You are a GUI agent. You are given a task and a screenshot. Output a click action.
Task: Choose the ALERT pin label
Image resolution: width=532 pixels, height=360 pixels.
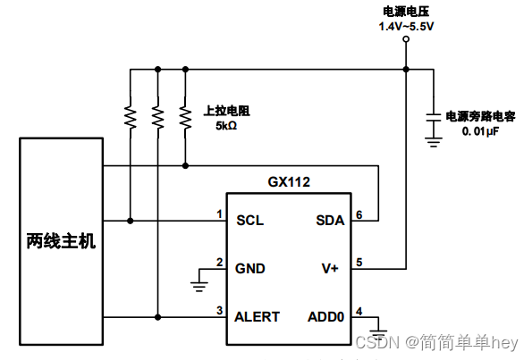pyautogui.click(x=258, y=316)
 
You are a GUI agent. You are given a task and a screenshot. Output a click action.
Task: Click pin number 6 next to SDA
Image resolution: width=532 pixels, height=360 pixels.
pyautogui.click(x=359, y=214)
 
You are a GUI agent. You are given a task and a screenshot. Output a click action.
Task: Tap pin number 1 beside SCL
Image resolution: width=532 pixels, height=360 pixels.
pyautogui.click(x=218, y=214)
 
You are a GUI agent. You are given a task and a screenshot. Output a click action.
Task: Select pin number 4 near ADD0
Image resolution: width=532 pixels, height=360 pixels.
pyautogui.click(x=359, y=311)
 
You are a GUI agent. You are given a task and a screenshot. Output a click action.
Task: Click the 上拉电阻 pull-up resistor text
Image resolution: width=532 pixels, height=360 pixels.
pyautogui.click(x=226, y=112)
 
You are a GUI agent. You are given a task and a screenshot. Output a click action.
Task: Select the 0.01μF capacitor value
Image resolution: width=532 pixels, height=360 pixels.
pyautogui.click(x=479, y=131)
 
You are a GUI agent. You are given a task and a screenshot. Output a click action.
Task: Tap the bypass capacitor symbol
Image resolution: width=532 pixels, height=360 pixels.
pyautogui.click(x=433, y=116)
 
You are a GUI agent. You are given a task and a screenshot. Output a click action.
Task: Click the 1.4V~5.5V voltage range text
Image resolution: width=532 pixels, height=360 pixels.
pyautogui.click(x=408, y=28)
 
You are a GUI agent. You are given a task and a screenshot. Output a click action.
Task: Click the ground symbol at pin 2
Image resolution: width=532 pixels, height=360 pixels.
pyautogui.click(x=197, y=285)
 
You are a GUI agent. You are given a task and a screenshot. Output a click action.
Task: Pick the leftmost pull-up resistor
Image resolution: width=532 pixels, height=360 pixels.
pyautogui.click(x=131, y=116)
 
